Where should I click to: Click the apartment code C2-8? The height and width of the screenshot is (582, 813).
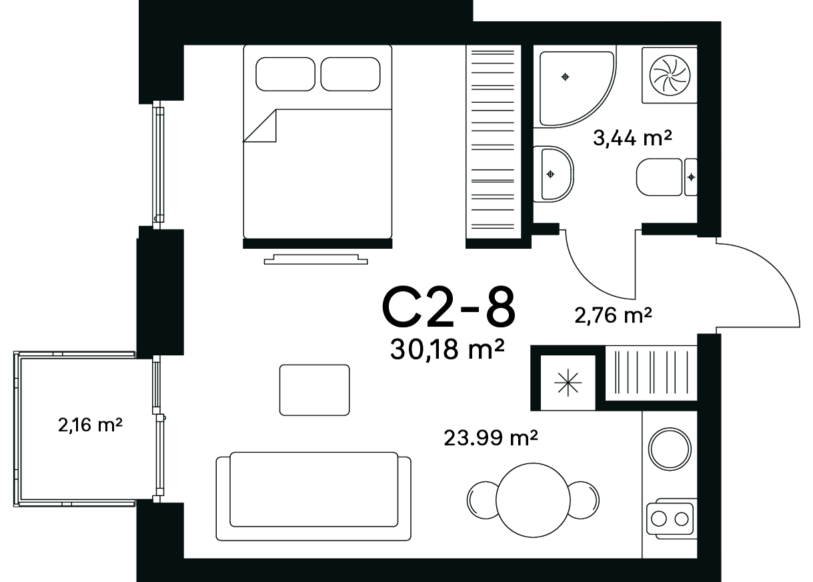point(449,307)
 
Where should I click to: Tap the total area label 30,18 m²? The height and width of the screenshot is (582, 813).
point(447,349)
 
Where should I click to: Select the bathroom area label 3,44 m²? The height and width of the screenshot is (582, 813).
point(632,138)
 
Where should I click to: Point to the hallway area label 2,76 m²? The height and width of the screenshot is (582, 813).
point(613,315)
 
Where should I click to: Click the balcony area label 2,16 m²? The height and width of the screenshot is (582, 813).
point(90,425)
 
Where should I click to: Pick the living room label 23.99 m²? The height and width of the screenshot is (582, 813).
point(491,438)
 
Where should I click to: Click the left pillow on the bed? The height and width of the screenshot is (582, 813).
point(285,74)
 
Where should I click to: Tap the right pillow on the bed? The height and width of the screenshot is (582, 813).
point(351,74)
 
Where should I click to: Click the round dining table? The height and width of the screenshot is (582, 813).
point(533,501)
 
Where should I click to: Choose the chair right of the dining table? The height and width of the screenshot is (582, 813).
point(584,501)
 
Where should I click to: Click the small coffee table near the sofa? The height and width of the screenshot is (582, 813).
point(314,390)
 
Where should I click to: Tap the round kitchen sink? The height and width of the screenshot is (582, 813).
point(670,449)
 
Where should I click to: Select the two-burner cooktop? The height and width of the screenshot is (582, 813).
point(670,519)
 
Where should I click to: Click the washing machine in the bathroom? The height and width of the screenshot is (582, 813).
point(670,75)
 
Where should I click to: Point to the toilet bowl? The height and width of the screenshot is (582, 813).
point(659,177)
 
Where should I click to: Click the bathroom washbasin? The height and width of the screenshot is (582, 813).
point(553,174)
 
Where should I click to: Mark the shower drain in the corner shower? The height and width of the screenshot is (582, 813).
point(565,77)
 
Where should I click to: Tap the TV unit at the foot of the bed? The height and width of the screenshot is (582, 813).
point(315,259)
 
